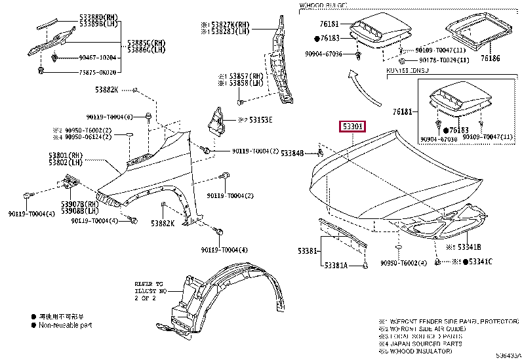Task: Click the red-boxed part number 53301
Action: click(x=353, y=127)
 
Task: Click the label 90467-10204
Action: click(x=81, y=58)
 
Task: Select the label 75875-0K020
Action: click(x=81, y=73)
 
